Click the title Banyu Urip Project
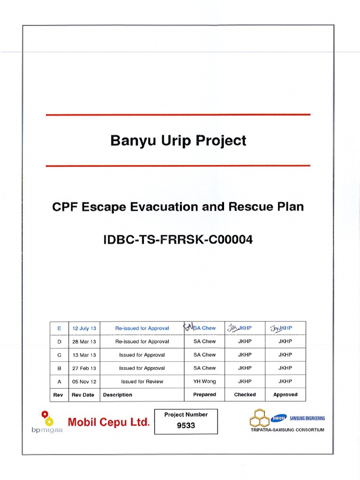(x=178, y=141)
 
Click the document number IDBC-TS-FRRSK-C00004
(x=178, y=240)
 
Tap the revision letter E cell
(x=59, y=328)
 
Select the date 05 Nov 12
(x=84, y=382)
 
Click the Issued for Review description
(x=142, y=382)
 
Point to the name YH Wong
(x=204, y=382)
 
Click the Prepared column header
(x=204, y=395)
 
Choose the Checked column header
(x=245, y=395)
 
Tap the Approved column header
(x=285, y=395)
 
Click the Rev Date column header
(x=83, y=395)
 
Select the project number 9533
(x=186, y=426)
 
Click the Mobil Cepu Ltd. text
(x=109, y=422)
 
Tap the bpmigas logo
(x=47, y=422)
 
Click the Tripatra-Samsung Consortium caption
(x=287, y=430)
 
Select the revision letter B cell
(x=59, y=368)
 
